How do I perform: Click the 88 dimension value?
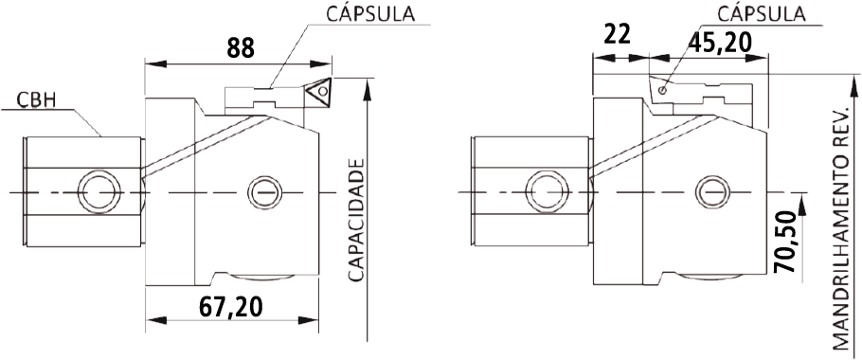coord(241,47)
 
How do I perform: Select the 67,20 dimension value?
coord(230,307)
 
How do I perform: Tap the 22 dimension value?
coord(617,35)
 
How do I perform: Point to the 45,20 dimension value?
coord(720,42)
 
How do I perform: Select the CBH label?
coord(37,101)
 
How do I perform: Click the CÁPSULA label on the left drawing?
coord(370,14)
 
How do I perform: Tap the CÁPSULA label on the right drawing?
coord(762,14)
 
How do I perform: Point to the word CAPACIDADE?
coord(357,221)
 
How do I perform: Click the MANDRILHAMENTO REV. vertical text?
coord(842,228)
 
